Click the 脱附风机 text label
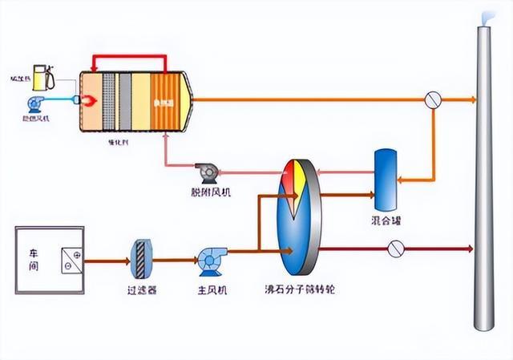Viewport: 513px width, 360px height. coord(207,192)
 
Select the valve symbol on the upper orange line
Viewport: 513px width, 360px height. coord(433,100)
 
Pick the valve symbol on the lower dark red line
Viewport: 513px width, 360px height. coord(394,249)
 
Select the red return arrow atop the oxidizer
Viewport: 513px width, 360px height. coord(129,58)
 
